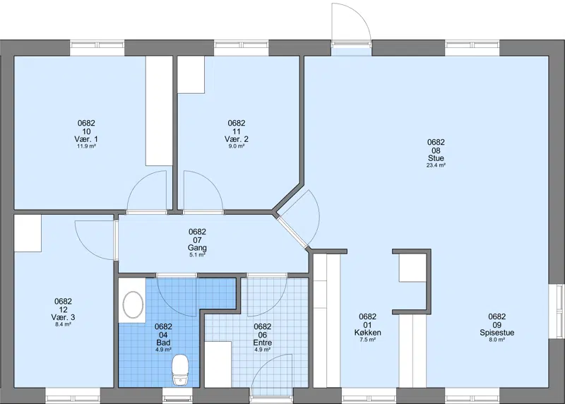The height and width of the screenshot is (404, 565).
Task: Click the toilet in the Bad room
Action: coord(180,370)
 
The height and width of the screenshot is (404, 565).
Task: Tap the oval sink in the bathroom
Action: coord(133,304)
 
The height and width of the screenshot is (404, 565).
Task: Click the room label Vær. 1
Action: coord(86,139)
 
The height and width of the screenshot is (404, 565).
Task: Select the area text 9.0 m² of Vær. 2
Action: coord(237,146)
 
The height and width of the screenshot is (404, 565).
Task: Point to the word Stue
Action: coord(436,158)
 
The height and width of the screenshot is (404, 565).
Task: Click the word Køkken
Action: coord(367,333)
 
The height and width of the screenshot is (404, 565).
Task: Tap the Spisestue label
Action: coord(497,333)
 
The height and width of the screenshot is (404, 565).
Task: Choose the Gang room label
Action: coord(198,248)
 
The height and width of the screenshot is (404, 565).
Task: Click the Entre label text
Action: coord(262,343)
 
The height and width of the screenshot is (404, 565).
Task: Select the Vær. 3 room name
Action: coord(63,318)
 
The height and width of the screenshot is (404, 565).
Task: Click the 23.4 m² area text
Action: coord(436,165)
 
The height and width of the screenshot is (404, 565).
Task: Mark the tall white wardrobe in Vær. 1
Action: coord(159,111)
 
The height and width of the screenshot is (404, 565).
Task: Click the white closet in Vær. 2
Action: coord(191,75)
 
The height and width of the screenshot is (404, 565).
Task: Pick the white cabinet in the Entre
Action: coord(218,364)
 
